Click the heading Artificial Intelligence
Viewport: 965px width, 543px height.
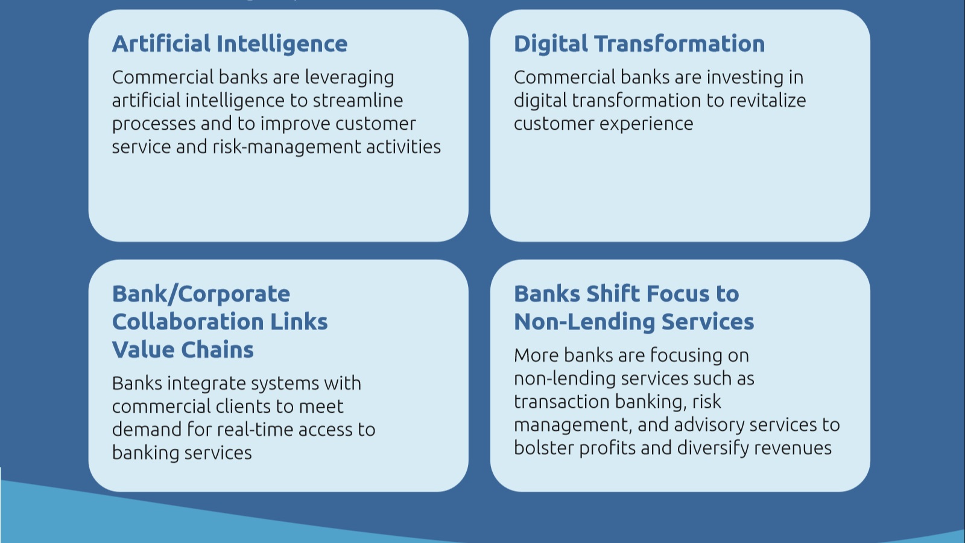point(230,45)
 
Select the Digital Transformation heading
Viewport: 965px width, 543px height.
point(639,45)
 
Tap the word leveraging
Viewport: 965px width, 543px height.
point(349,78)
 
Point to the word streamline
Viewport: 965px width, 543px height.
point(358,100)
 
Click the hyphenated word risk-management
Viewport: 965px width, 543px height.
point(286,148)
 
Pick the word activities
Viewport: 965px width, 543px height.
point(403,147)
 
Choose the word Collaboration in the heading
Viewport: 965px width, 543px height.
point(188,322)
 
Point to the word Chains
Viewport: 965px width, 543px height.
point(218,349)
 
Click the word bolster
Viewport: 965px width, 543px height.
point(543,448)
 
